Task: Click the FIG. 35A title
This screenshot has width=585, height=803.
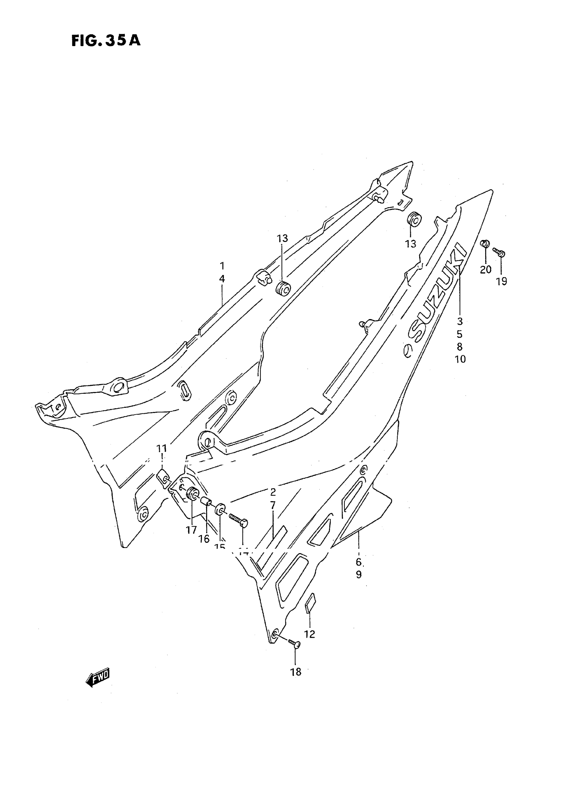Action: point(106,41)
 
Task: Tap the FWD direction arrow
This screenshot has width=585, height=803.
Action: point(98,677)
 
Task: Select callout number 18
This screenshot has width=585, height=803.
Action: point(296,672)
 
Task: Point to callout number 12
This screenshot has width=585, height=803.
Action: point(309,634)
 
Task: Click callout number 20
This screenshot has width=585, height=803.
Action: point(486,270)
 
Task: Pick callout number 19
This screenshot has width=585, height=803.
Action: point(501,281)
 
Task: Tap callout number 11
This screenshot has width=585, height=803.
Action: point(162,448)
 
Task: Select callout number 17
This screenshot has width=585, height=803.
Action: point(191,530)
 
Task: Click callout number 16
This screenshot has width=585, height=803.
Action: point(204,539)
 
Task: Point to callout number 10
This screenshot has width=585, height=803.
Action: point(460,359)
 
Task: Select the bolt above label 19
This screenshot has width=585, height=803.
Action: point(499,253)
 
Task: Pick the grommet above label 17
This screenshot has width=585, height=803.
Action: point(193,494)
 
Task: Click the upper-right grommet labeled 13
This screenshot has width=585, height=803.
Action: point(414,219)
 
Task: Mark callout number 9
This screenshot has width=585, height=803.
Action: point(359,574)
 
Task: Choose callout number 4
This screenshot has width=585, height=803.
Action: point(222,279)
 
